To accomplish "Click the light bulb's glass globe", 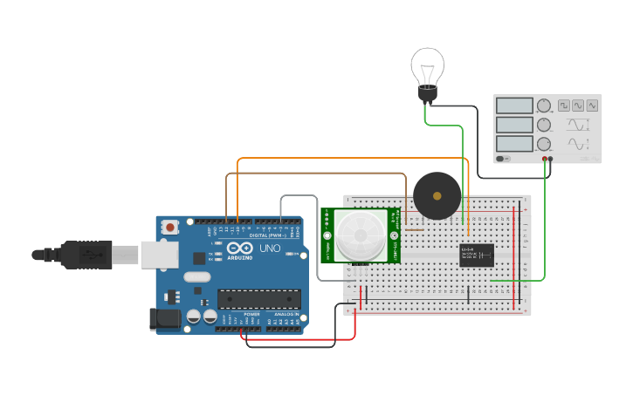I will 428,65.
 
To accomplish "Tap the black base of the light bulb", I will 427,93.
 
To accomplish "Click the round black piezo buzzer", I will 437,195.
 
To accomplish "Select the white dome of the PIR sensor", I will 359,235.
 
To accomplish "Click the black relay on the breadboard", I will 477,255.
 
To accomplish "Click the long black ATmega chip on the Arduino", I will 258,299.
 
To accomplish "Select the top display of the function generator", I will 514,106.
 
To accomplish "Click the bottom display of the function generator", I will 514,144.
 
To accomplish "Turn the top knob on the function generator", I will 544,106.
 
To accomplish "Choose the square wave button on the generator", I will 564,105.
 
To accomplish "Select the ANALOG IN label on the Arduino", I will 285,314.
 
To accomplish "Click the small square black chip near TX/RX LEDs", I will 199,258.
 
